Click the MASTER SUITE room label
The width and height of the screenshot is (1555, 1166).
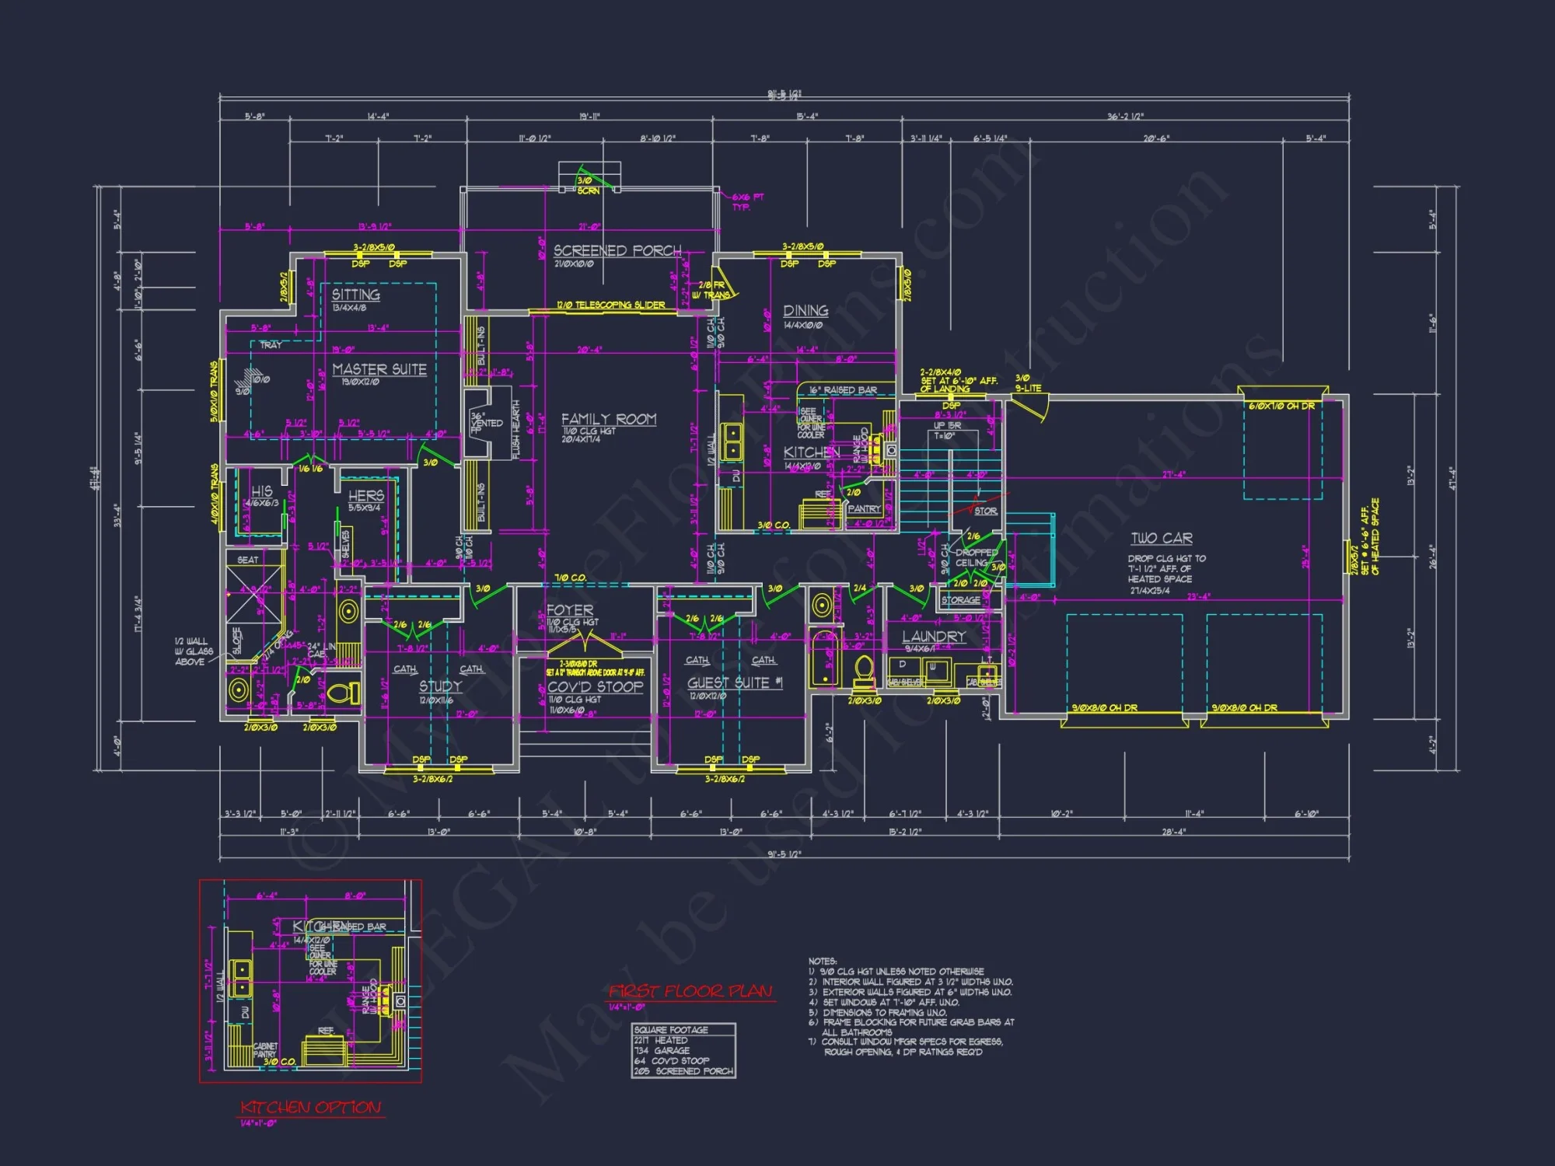(379, 369)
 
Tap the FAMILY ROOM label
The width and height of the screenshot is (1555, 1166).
(609, 419)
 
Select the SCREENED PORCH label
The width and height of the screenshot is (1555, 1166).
(617, 250)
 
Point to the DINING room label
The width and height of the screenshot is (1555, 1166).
(805, 310)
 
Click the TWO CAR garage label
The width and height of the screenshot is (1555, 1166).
(1162, 538)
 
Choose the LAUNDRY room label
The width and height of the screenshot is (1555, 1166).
(934, 637)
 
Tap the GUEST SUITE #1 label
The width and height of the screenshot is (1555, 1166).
(735, 682)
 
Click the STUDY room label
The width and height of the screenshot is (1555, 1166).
(440, 686)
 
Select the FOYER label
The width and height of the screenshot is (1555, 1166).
(570, 610)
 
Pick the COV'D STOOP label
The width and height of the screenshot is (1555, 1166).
(595, 686)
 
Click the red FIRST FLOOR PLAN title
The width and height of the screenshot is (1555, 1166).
(690, 991)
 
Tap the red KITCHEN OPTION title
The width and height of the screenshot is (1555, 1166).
(310, 1107)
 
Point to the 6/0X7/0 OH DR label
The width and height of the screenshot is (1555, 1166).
(1281, 406)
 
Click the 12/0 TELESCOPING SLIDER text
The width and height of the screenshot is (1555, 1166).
(610, 305)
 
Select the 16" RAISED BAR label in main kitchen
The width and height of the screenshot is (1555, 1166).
(843, 390)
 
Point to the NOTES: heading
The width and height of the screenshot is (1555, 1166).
(822, 962)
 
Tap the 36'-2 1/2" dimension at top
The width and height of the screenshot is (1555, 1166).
(1125, 117)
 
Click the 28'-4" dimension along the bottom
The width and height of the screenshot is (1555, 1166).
(1173, 832)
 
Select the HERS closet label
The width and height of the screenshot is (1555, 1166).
(366, 495)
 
